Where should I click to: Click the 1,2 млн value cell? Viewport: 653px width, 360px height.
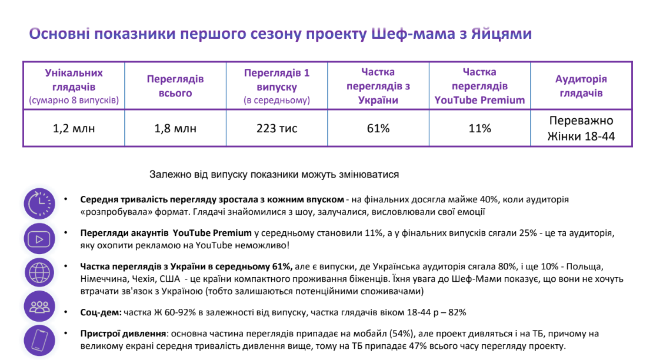pyautogui.click(x=74, y=128)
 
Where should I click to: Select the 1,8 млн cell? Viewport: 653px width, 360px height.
pyautogui.click(x=175, y=128)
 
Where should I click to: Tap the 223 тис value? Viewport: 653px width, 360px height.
pyautogui.click(x=276, y=128)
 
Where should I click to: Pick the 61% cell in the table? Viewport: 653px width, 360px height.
pyautogui.click(x=378, y=128)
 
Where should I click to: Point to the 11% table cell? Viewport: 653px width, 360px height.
pyautogui.click(x=479, y=128)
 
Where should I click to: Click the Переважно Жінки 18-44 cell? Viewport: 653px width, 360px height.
pyautogui.click(x=581, y=129)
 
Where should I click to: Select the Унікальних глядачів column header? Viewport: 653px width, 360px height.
pyautogui.click(x=74, y=86)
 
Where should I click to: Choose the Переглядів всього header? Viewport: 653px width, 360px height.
pyautogui.click(x=175, y=86)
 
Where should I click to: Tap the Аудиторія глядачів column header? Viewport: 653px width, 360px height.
pyautogui.click(x=581, y=86)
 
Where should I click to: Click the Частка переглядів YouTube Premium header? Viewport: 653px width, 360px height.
pyautogui.click(x=479, y=86)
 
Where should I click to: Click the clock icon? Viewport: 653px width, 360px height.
pyautogui.click(x=39, y=204)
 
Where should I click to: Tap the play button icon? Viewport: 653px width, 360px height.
pyautogui.click(x=39, y=238)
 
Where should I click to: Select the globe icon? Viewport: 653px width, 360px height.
pyautogui.click(x=39, y=272)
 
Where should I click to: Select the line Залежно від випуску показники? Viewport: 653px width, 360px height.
pyautogui.click(x=274, y=175)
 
